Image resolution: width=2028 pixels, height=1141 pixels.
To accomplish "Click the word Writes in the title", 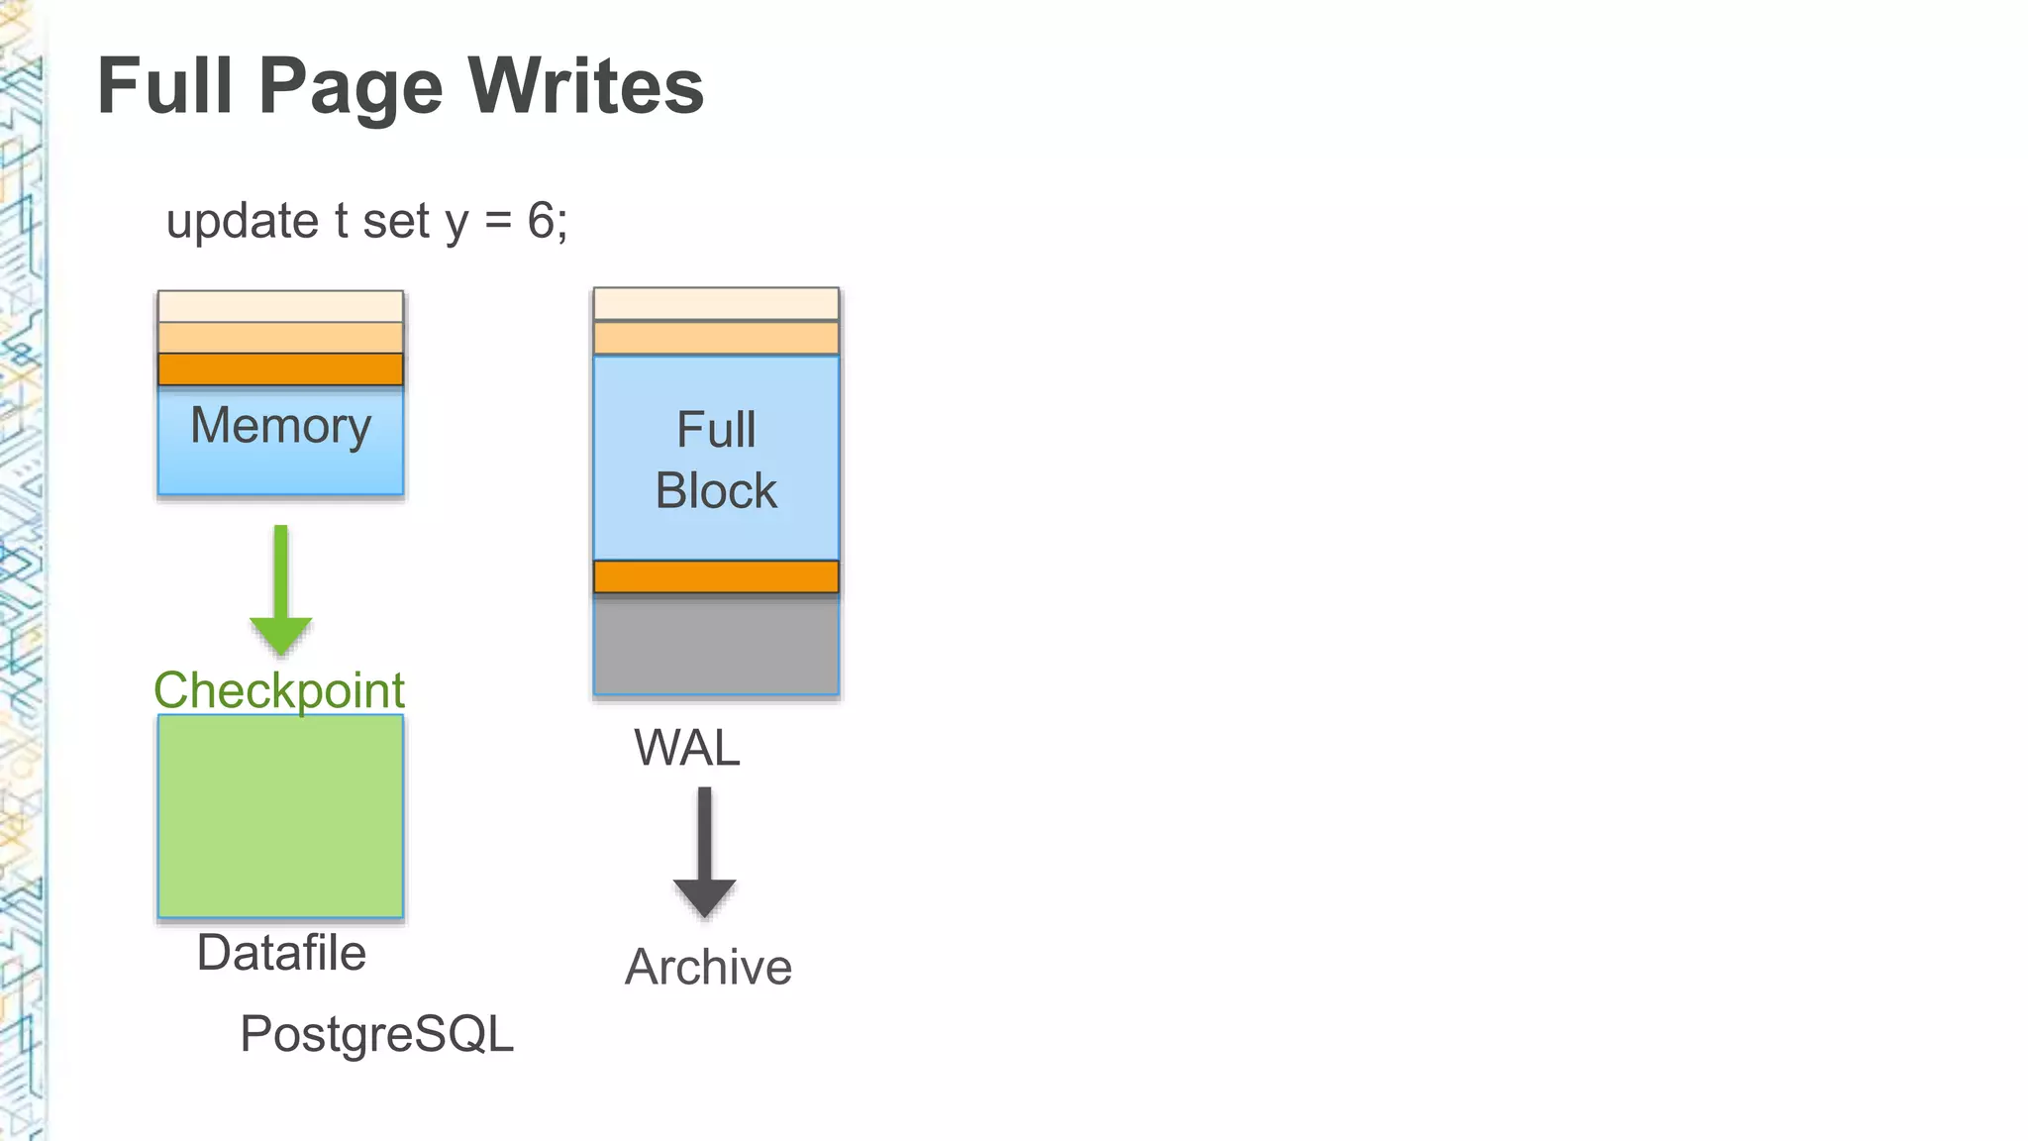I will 585,86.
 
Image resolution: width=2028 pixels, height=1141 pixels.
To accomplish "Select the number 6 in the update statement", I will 541,220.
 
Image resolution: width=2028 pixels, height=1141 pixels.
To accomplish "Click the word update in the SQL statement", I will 242,220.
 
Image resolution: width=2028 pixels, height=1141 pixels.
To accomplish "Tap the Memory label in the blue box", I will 280,426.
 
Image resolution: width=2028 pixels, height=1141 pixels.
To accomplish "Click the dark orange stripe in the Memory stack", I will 280,369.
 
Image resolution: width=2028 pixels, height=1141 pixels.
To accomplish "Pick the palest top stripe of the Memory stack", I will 280,306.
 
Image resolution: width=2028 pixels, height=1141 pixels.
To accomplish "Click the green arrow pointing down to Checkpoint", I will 281,589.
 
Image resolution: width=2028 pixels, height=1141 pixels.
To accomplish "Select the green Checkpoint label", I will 279,690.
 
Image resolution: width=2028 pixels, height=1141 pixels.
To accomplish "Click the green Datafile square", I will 280,816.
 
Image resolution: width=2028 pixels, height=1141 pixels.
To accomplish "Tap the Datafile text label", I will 281,953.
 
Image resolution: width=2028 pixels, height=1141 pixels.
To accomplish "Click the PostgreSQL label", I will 376,1034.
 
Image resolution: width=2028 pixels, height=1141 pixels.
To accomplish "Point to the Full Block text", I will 716,460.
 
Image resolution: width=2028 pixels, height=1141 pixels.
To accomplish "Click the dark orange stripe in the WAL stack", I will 716,576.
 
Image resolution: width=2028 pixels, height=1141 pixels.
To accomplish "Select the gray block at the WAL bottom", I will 716,645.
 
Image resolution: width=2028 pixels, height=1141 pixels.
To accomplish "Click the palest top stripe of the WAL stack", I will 716,304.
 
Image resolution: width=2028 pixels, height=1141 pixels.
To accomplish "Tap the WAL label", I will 686,748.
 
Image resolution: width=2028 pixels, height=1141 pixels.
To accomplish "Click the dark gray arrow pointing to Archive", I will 704,852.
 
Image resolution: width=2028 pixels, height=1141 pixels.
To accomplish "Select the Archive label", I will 708,967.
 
